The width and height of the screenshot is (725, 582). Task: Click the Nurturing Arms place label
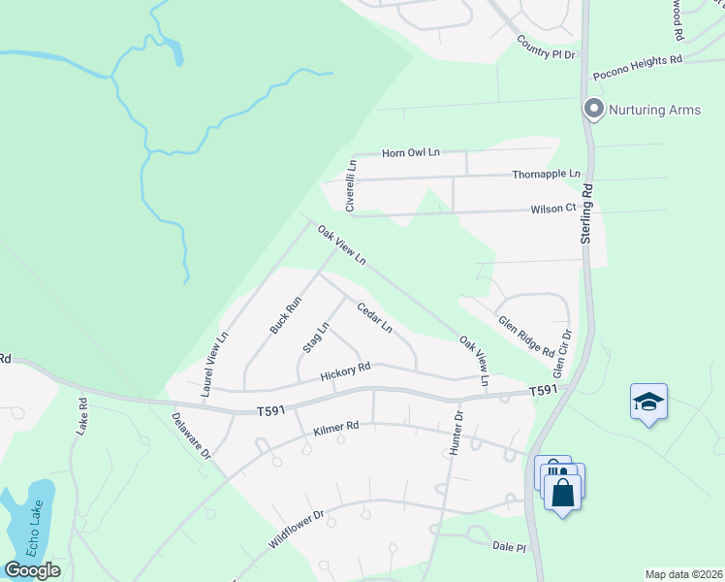(654, 110)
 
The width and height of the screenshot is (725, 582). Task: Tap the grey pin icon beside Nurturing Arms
(594, 109)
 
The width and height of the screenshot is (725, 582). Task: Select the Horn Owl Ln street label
(411, 152)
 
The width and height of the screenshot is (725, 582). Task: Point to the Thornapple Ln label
(546, 175)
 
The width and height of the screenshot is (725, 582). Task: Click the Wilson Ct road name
(553, 209)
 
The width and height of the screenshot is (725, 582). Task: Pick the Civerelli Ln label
(352, 185)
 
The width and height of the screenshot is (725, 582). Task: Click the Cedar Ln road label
(374, 318)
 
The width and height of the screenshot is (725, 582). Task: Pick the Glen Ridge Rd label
(526, 336)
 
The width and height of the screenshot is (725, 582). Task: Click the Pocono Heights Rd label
(639, 60)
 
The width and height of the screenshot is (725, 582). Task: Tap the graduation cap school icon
(648, 401)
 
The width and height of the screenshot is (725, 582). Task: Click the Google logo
(32, 570)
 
